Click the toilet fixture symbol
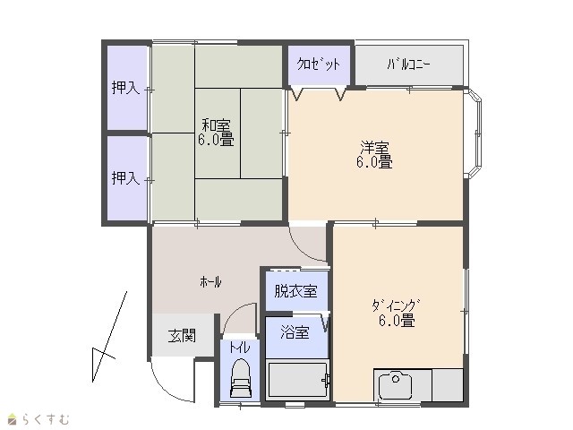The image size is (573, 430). [x=240, y=378]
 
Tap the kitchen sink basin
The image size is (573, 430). [x=396, y=385]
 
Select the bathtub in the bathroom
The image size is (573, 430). [x=297, y=380]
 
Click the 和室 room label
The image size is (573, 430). [x=217, y=125]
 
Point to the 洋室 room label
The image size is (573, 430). [x=375, y=148]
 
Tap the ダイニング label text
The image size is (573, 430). [x=396, y=305]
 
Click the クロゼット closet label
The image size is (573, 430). [x=319, y=64]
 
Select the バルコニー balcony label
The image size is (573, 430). [x=409, y=64]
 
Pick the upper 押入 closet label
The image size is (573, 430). [x=125, y=88]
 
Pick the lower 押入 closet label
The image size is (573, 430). [x=125, y=178]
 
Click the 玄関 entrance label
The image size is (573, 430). [x=182, y=336]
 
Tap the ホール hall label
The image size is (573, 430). [x=211, y=282]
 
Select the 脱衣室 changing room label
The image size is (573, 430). [x=295, y=291]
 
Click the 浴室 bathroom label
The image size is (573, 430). [x=295, y=332]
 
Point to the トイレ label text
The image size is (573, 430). [x=240, y=348]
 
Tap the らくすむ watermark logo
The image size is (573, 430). [x=38, y=419]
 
